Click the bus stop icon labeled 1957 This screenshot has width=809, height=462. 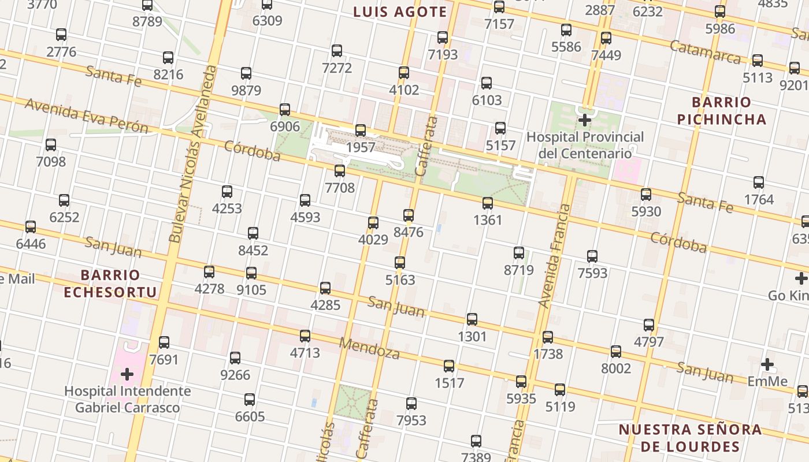point(361,131)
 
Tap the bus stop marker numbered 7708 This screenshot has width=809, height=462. point(340,171)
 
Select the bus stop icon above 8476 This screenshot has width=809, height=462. point(409,215)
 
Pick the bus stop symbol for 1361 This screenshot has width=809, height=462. point(488,203)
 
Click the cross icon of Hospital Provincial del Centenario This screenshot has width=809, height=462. point(585,120)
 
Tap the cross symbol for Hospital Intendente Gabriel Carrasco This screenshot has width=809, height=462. point(127,374)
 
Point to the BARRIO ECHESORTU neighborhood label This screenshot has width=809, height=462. point(110,284)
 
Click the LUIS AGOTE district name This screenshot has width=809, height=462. point(400,12)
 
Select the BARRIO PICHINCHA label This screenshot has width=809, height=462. point(722,111)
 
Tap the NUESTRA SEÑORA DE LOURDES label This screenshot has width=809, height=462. point(690,438)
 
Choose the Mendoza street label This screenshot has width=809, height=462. point(369,348)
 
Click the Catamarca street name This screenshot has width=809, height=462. point(705,52)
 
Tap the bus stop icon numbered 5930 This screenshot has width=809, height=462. point(646,195)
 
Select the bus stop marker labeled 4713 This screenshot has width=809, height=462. point(305,336)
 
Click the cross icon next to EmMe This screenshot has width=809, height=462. point(767,364)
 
